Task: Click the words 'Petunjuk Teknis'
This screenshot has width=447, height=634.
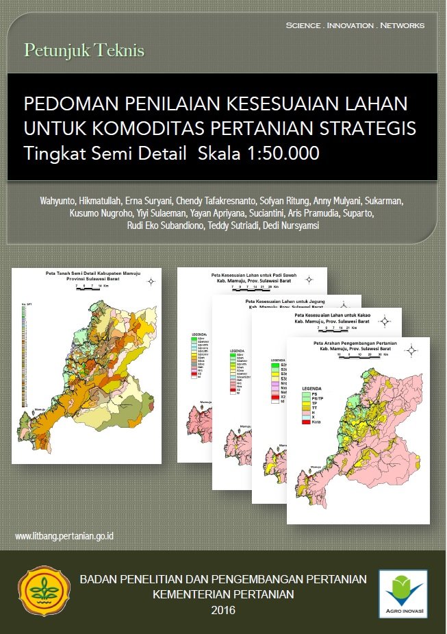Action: (x=84, y=50)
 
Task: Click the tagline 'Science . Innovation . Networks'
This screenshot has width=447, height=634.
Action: (x=355, y=25)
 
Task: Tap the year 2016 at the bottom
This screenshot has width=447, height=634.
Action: (x=223, y=610)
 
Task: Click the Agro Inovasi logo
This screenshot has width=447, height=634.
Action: (x=403, y=594)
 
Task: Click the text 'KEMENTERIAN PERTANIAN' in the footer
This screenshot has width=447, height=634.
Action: (x=223, y=594)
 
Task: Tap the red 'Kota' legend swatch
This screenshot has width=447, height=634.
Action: (x=306, y=422)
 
